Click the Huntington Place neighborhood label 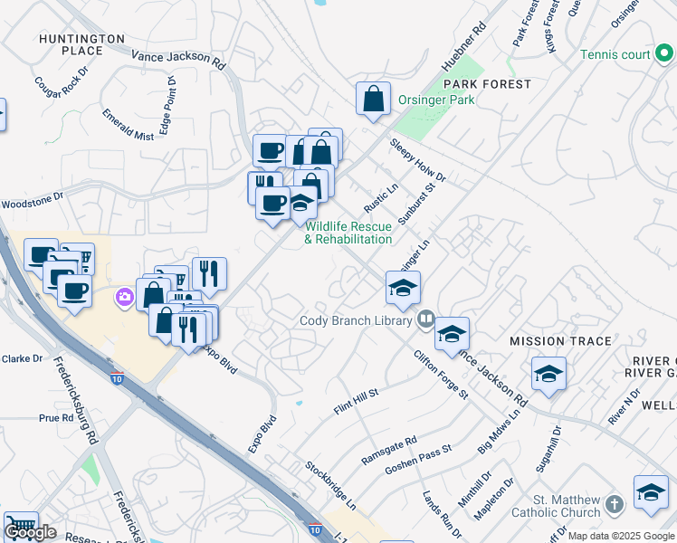pyautogui.click(x=81, y=44)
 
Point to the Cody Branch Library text pyautogui.click(x=358, y=320)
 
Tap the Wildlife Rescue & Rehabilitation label pyautogui.click(x=348, y=233)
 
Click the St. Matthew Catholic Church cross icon pyautogui.click(x=615, y=503)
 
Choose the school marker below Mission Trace pyautogui.click(x=548, y=375)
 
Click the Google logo pyautogui.click(x=30, y=532)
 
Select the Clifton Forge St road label pyautogui.click(x=441, y=376)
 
